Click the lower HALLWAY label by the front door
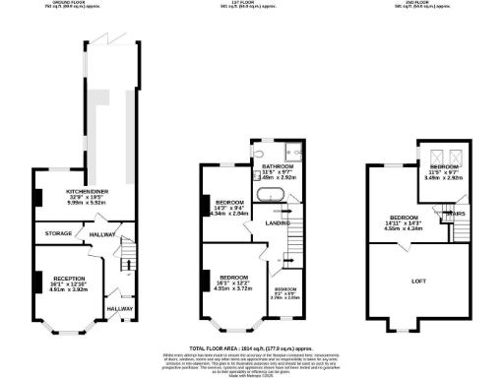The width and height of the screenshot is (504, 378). point(120,309)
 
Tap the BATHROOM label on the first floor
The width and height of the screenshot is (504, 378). point(265,167)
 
